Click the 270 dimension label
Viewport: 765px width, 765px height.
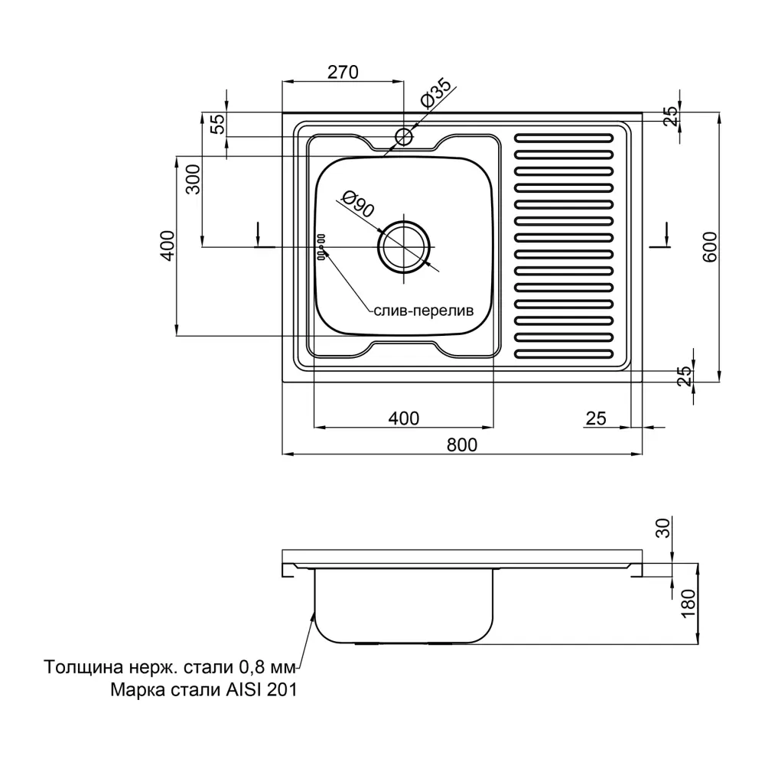click(x=343, y=72)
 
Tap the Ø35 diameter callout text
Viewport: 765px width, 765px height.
click(x=436, y=93)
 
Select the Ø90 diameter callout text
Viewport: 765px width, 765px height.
click(x=357, y=203)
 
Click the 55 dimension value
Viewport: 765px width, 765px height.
click(x=219, y=123)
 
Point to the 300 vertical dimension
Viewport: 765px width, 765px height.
click(x=194, y=179)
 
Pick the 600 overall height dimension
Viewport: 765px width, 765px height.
click(x=710, y=247)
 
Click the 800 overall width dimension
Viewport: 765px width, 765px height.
click(x=461, y=445)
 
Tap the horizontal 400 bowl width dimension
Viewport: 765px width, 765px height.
click(x=403, y=418)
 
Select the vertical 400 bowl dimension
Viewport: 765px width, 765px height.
click(x=167, y=246)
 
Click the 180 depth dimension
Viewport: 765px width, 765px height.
click(x=688, y=603)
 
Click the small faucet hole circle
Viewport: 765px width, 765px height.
click(x=404, y=137)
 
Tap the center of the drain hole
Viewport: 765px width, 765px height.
click(x=404, y=247)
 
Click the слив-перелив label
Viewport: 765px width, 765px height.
click(x=424, y=311)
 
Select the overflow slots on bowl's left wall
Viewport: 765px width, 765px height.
click(x=321, y=247)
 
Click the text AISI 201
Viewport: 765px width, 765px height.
click(x=261, y=690)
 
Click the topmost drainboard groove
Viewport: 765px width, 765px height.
click(x=564, y=138)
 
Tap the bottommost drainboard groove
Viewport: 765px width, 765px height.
click(x=564, y=353)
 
